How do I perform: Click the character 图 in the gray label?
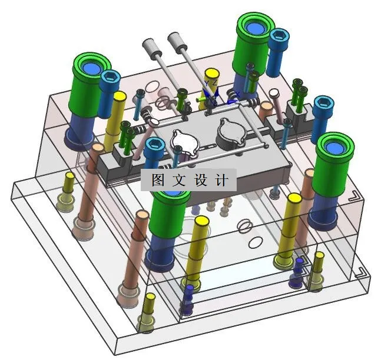[x=158, y=179]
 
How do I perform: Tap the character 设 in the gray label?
[x=201, y=179]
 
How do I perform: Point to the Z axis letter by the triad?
[x=214, y=82]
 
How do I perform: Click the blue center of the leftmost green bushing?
[x=91, y=68]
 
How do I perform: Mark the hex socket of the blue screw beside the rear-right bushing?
[x=280, y=36]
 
